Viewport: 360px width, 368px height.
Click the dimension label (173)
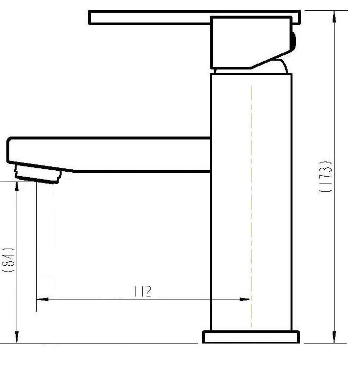(326, 176)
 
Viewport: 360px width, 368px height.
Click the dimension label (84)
(8, 260)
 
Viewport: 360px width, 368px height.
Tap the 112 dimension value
(142, 291)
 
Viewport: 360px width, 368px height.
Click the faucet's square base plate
(251, 337)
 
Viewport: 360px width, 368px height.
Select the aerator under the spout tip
(38, 174)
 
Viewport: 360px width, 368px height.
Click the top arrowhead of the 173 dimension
(335, 17)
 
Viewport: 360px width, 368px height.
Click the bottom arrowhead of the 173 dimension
(335, 337)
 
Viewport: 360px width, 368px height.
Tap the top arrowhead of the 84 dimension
(17, 187)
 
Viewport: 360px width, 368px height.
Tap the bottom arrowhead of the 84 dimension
(17, 337)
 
